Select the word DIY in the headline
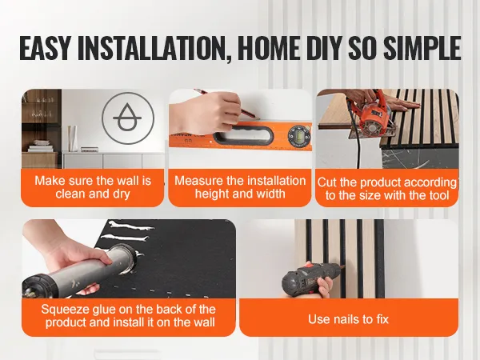click(x=325, y=48)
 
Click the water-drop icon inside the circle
click(x=127, y=117)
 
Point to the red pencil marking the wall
click(x=226, y=103)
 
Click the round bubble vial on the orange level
click(x=298, y=134)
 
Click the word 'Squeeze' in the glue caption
click(x=64, y=310)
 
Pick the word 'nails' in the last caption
click(x=347, y=319)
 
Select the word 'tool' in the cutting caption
click(x=438, y=195)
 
